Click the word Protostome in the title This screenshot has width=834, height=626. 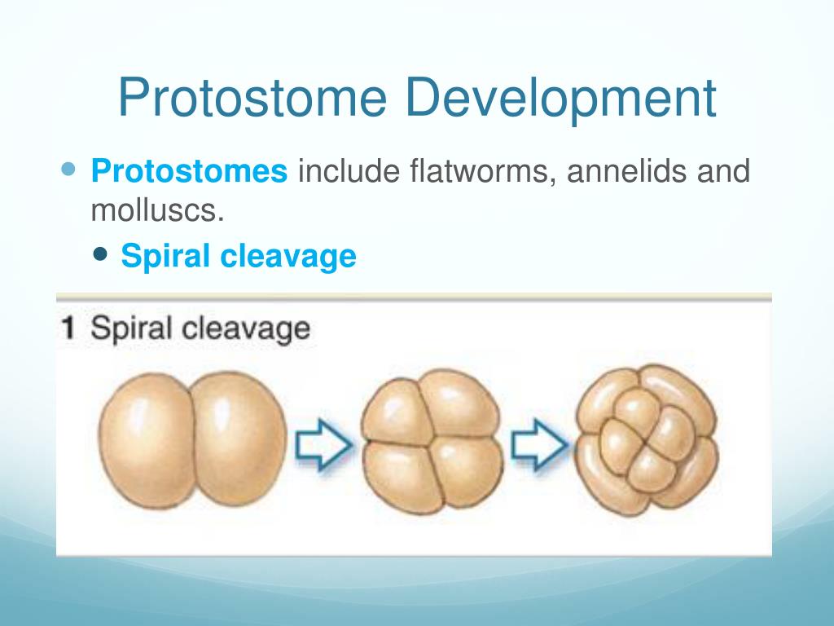(x=252, y=98)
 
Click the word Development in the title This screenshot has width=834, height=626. (x=560, y=98)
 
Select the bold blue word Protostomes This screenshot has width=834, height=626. (x=189, y=171)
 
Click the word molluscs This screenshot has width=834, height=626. (x=157, y=211)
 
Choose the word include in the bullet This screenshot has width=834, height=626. (x=349, y=171)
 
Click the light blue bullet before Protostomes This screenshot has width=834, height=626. (x=68, y=170)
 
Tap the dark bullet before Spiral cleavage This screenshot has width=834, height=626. (x=99, y=253)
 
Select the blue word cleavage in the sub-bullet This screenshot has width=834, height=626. (x=288, y=257)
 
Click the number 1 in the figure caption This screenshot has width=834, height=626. (x=68, y=328)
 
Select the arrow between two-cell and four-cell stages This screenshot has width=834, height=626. (x=323, y=444)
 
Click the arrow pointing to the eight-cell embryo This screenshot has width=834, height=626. (x=539, y=444)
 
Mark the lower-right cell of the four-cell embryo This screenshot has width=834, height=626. (x=467, y=472)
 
